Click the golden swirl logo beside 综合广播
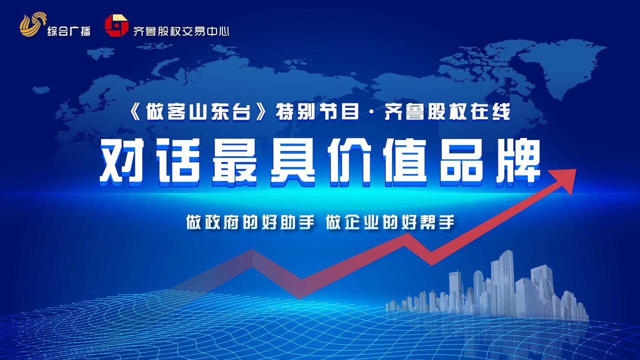click(32, 25)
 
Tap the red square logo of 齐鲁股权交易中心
click(116, 25)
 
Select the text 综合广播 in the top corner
click(69, 31)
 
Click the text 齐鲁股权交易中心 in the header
click(181, 31)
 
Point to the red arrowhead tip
click(576, 169)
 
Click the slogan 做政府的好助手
click(250, 222)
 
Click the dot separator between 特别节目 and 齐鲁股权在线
click(371, 113)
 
